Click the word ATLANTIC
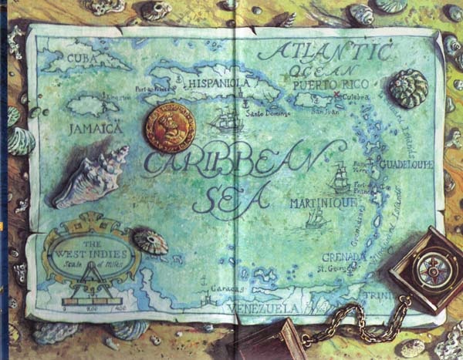coord(324,52)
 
